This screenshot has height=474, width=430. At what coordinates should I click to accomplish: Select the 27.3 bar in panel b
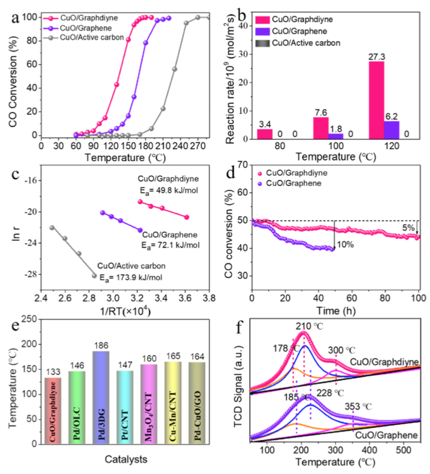point(376,100)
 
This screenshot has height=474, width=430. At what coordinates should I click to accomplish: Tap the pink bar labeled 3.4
point(264,133)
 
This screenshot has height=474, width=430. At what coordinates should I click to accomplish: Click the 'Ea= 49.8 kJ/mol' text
point(164,188)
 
